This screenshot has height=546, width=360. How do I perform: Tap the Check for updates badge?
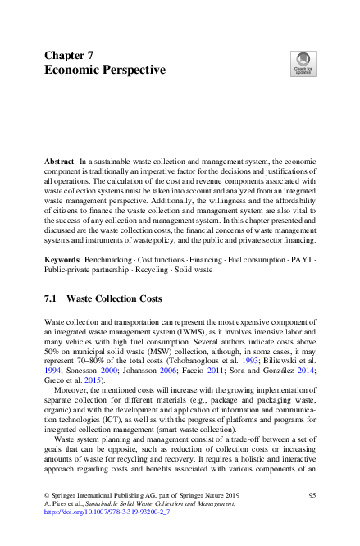302,63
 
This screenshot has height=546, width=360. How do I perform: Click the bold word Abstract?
59,164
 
